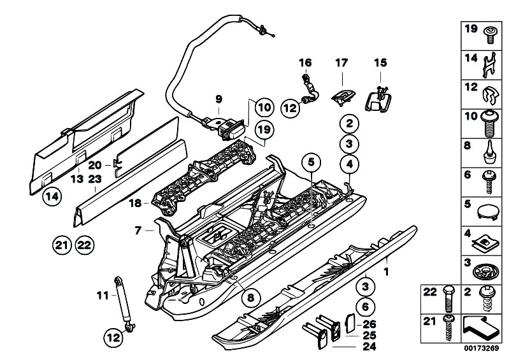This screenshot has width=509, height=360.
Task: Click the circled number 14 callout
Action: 53,196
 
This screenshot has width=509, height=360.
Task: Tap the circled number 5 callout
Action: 311,162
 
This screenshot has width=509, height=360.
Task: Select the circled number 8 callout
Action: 250,297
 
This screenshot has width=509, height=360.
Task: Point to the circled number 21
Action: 62,245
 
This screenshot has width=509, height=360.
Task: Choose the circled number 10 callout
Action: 264,107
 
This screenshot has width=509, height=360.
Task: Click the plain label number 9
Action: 219,99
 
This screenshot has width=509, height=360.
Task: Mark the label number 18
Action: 135,203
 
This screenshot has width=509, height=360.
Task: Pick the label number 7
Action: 138,231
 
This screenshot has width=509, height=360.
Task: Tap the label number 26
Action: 369,324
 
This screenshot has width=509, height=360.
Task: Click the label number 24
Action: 369,347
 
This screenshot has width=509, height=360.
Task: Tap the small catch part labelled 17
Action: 343,97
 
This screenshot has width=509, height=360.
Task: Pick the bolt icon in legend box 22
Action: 448,299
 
